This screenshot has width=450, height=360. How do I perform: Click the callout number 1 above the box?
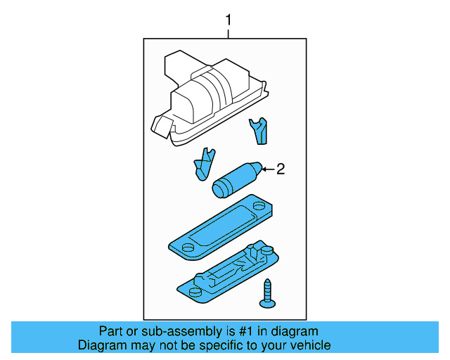tap(227, 18)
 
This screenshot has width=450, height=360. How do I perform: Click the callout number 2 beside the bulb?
tap(280, 169)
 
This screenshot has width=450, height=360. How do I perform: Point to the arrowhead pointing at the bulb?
tap(264, 169)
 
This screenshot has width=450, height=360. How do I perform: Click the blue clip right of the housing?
tap(259, 129)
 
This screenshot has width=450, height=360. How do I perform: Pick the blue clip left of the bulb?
tap(203, 164)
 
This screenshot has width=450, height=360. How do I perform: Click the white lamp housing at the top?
tap(211, 94)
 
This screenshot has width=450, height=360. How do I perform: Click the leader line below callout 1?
tap(227, 32)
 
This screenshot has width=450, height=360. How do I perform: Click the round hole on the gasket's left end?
tap(188, 247)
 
